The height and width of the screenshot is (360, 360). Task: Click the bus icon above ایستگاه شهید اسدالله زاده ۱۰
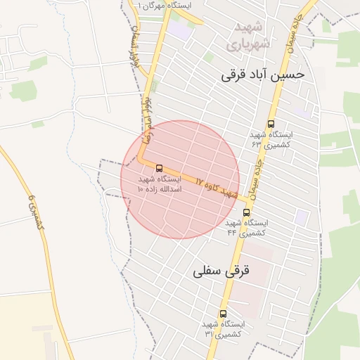(x=158, y=168)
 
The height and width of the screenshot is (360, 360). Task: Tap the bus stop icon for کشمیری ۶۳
(x=271, y=124)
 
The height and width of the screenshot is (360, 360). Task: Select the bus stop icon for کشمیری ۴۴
(x=245, y=212)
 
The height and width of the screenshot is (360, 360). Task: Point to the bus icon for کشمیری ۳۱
(x=223, y=314)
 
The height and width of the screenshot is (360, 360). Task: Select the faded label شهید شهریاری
(x=246, y=36)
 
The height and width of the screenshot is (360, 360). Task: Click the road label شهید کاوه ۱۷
(x=219, y=187)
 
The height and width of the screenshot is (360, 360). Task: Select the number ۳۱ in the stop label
(x=209, y=333)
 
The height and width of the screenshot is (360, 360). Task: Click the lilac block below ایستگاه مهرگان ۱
(x=181, y=31)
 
